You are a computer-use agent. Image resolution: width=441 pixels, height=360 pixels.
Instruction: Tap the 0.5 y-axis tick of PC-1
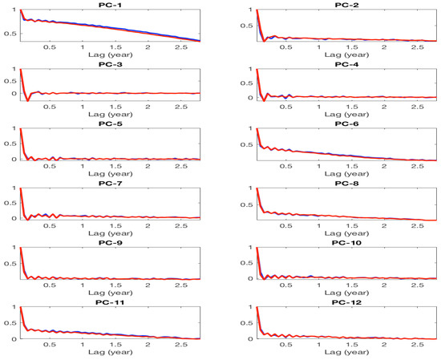click(x=10, y=33)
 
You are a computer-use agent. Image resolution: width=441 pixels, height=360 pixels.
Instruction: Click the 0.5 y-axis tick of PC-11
click(x=10, y=323)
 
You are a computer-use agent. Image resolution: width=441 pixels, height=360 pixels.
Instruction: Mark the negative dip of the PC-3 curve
click(x=28, y=100)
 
